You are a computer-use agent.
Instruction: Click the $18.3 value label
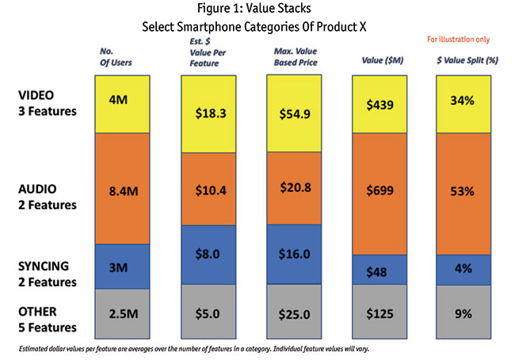click(208, 113)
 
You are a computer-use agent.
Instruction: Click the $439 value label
click(379, 104)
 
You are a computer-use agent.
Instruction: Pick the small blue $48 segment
click(379, 271)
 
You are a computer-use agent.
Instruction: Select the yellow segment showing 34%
click(463, 104)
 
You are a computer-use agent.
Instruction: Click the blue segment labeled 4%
click(463, 270)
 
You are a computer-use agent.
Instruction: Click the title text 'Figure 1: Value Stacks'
click(257, 10)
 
